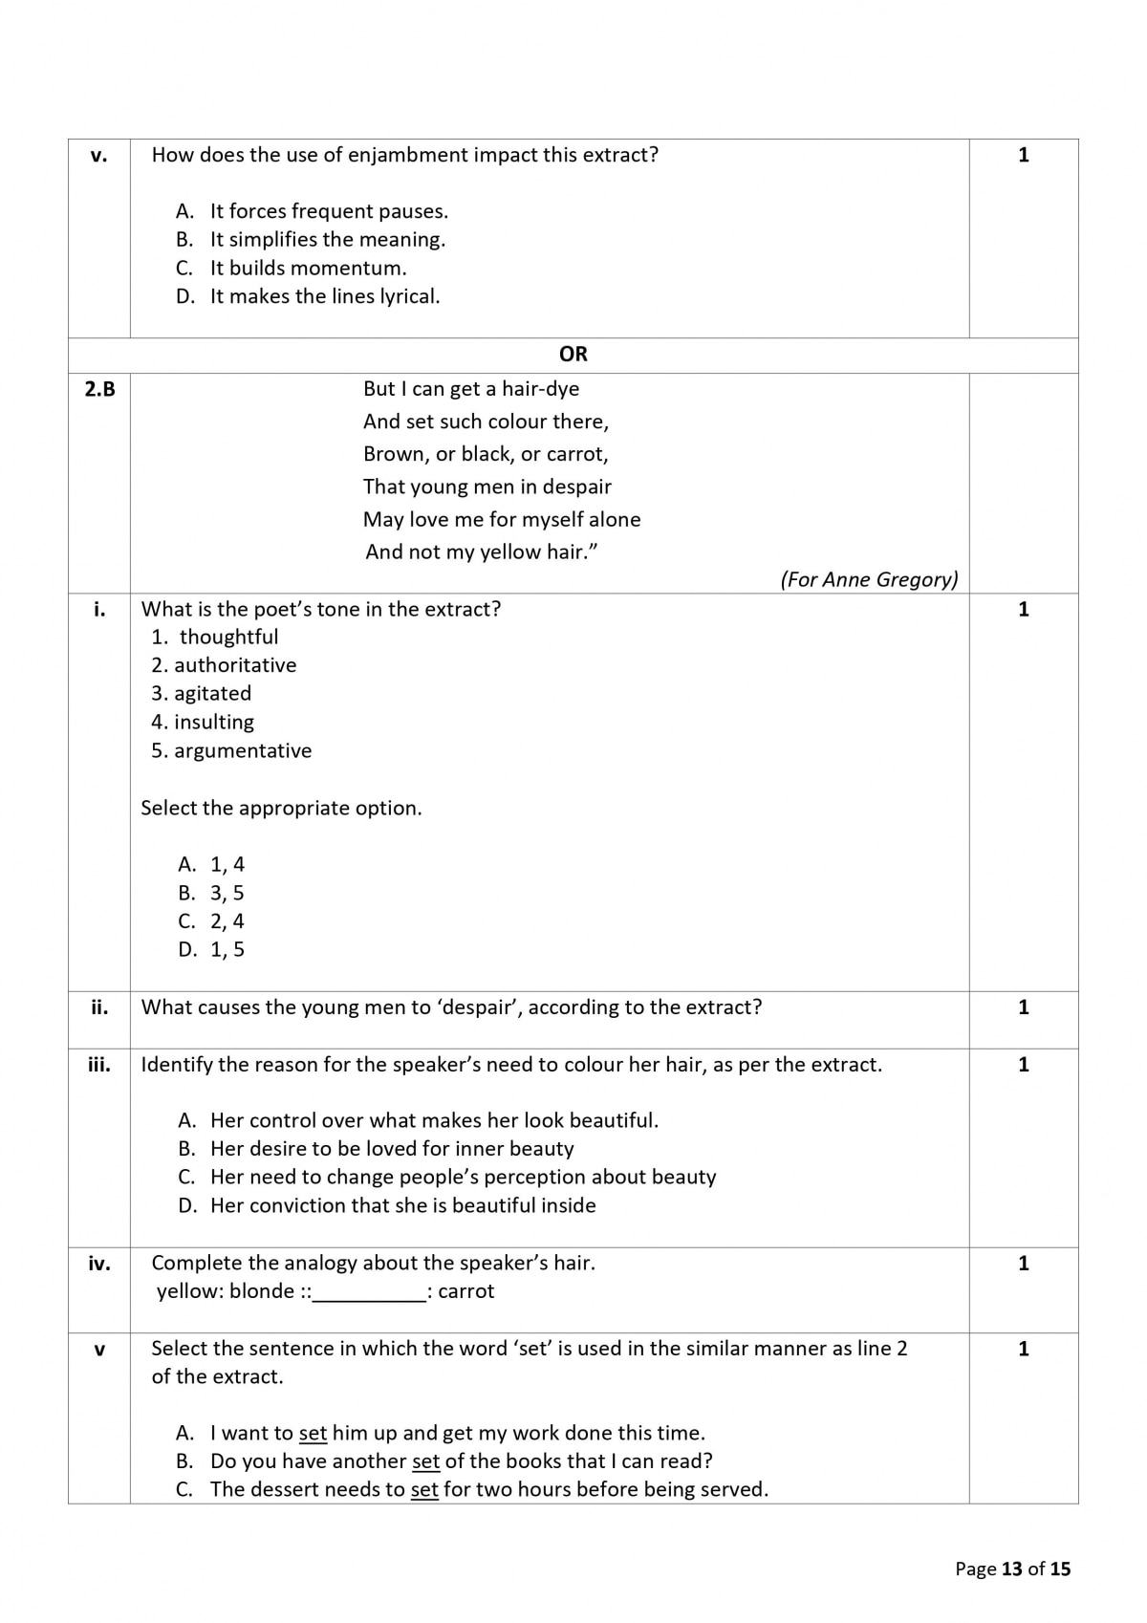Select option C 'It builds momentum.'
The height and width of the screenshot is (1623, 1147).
[308, 268]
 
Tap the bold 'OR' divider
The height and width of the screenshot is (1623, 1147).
[573, 355]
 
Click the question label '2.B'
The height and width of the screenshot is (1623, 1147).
[99, 389]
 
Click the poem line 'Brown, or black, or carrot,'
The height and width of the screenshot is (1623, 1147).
[486, 454]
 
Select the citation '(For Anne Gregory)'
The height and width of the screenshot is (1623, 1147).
[869, 579]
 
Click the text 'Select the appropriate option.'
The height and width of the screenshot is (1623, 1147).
[281, 809]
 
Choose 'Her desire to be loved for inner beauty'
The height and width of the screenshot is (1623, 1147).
[392, 1149]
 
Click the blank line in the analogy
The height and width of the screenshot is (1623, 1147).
[370, 1292]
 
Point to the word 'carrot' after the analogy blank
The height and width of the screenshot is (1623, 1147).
[466, 1291]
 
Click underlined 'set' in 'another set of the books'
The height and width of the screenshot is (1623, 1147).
[425, 1461]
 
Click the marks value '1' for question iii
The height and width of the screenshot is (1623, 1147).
[1024, 1065]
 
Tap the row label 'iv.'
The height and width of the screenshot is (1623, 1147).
[99, 1264]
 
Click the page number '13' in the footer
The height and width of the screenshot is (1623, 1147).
[1012, 1569]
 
